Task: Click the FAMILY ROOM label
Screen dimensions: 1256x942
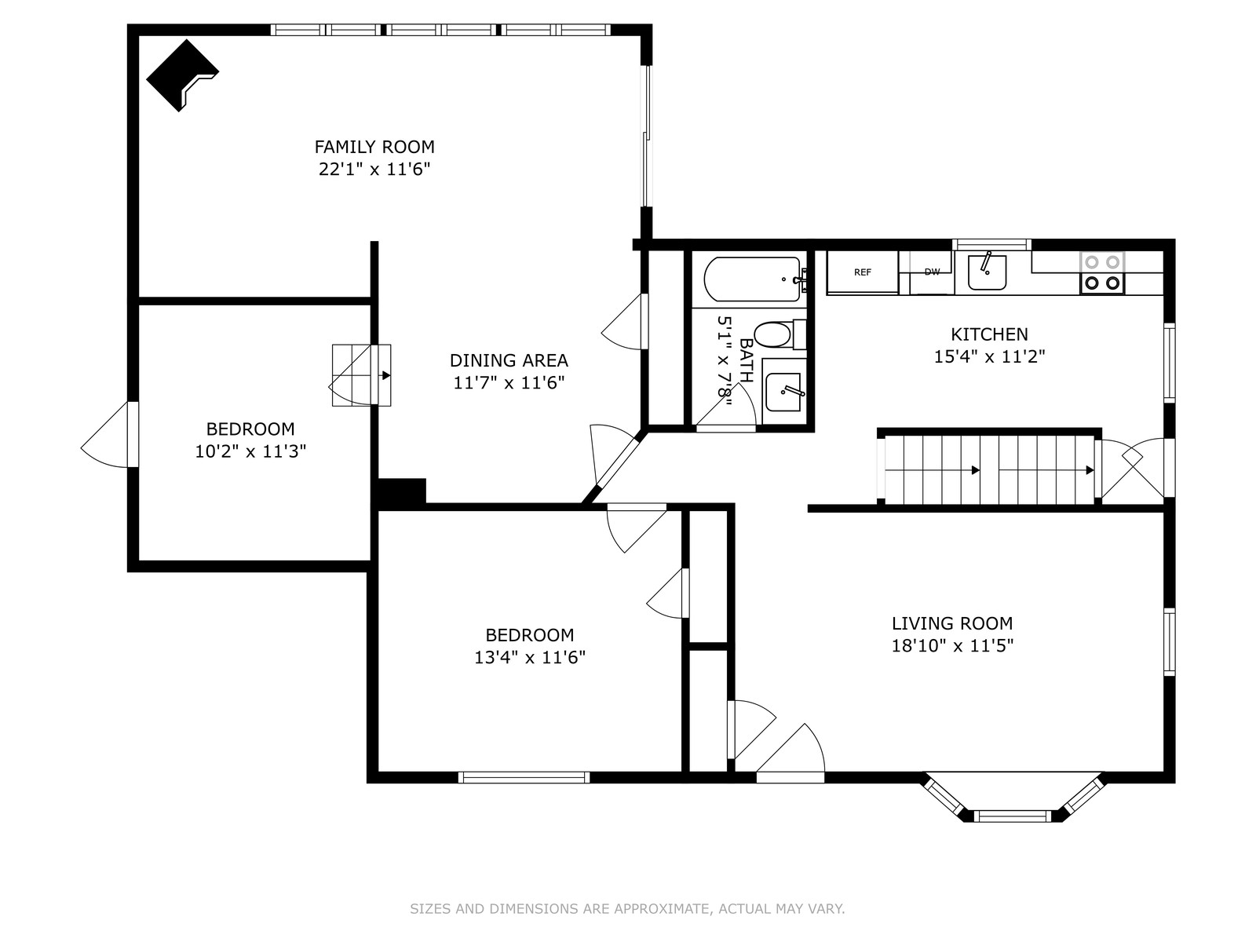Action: pyautogui.click(x=374, y=147)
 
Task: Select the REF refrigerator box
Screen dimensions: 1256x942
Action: pyautogui.click(x=862, y=272)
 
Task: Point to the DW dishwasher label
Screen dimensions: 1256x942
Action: pyautogui.click(x=932, y=272)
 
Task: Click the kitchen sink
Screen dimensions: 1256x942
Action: pyautogui.click(x=987, y=272)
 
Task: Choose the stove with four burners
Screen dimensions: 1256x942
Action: pyautogui.click(x=1102, y=273)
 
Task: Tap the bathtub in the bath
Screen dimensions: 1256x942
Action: pyautogui.click(x=752, y=279)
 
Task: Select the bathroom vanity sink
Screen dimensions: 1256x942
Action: pyautogui.click(x=783, y=392)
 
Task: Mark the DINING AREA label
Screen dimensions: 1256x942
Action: pyautogui.click(x=509, y=360)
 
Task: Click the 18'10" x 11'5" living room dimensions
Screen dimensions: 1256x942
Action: pyautogui.click(x=952, y=646)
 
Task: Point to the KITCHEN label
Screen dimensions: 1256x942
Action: pyautogui.click(x=989, y=334)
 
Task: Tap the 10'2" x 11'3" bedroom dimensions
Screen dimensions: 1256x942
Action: pyautogui.click(x=250, y=451)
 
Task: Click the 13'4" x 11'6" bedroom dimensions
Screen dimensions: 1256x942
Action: pyautogui.click(x=530, y=657)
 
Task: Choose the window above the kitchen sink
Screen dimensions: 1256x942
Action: pyautogui.click(x=991, y=245)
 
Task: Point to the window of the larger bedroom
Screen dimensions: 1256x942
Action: pyautogui.click(x=524, y=777)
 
